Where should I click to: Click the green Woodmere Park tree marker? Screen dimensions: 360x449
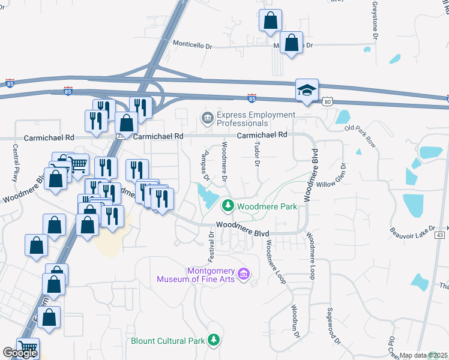click(x=228, y=206)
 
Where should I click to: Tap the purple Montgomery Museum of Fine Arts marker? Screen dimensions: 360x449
click(x=243, y=275)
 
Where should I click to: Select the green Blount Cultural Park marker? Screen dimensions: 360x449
click(x=214, y=341)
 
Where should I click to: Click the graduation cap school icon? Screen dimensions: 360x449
click(x=306, y=91)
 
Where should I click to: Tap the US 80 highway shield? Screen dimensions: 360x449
click(x=327, y=103)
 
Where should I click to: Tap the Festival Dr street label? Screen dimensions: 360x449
click(x=211, y=242)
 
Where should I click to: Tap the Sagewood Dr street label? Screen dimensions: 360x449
click(x=333, y=326)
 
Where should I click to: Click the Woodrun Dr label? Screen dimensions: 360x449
click(x=295, y=320)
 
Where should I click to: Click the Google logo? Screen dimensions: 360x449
click(x=20, y=352)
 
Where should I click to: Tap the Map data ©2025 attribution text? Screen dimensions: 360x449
click(x=423, y=355)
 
